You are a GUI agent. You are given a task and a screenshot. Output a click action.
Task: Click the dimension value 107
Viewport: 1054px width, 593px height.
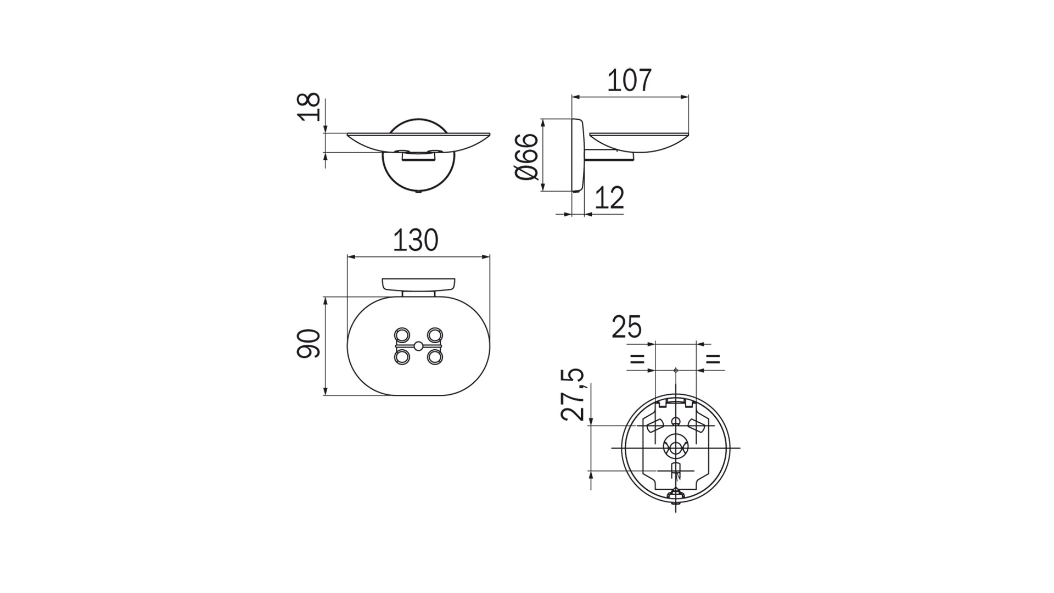pyautogui.click(x=629, y=80)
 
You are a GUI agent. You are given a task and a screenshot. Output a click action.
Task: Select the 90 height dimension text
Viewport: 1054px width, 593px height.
pyautogui.click(x=309, y=344)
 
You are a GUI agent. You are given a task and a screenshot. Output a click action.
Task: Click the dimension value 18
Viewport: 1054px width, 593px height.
pyautogui.click(x=309, y=107)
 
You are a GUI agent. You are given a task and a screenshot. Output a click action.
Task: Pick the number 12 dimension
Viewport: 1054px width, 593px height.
pyautogui.click(x=609, y=198)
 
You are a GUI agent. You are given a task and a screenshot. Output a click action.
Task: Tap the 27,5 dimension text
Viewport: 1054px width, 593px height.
pyautogui.click(x=572, y=394)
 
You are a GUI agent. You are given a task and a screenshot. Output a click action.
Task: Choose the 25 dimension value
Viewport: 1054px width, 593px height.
pyautogui.click(x=626, y=327)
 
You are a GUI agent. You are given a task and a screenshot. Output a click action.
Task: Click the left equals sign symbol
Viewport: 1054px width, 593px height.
pyautogui.click(x=637, y=360)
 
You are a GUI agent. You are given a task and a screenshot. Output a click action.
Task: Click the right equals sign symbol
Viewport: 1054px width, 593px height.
pyautogui.click(x=713, y=360)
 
